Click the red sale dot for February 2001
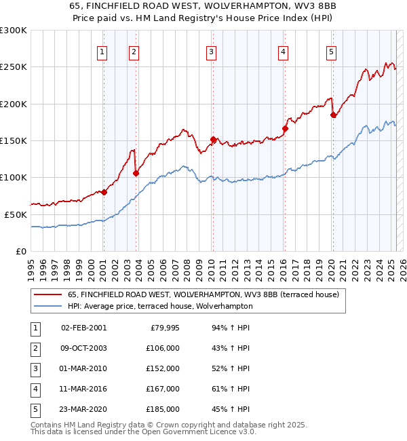click(104, 192)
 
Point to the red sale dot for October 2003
click(136, 173)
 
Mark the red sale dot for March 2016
click(285, 128)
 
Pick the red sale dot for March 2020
click(333, 115)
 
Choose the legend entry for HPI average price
click(160, 306)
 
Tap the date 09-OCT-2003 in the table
click(84, 348)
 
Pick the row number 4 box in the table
click(34, 389)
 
